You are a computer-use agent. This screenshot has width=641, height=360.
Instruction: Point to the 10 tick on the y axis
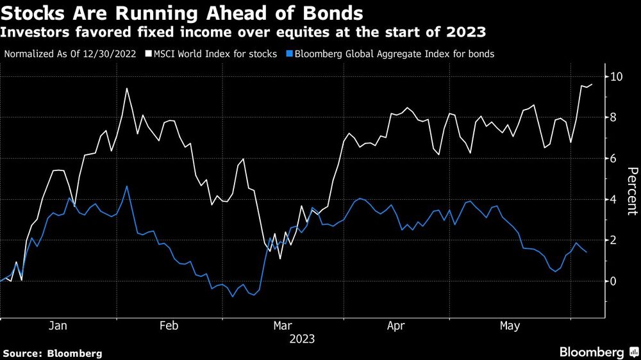[618, 76]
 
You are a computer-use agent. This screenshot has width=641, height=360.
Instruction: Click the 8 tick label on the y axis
[615, 117]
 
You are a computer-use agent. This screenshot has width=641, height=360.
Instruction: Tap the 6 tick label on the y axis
[615, 158]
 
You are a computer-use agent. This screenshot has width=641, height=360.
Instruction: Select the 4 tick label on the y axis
[615, 199]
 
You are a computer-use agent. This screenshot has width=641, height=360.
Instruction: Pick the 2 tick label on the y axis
[615, 240]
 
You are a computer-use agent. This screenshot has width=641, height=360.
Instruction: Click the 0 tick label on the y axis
[615, 281]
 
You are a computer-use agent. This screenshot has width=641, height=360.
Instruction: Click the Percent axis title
[632, 190]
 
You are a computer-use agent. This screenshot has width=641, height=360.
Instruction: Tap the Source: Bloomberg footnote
[53, 353]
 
